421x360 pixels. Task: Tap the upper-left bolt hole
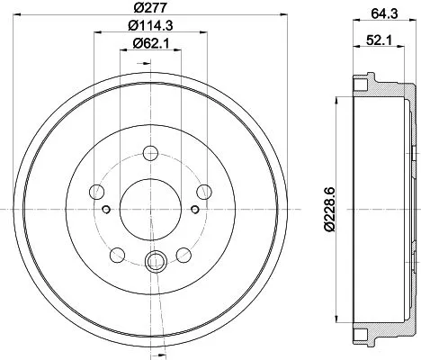(98, 190)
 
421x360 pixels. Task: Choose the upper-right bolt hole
(204, 190)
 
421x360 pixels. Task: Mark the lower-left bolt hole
(118, 253)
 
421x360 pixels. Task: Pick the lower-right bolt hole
(184, 253)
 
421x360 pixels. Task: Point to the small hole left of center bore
(107, 210)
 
